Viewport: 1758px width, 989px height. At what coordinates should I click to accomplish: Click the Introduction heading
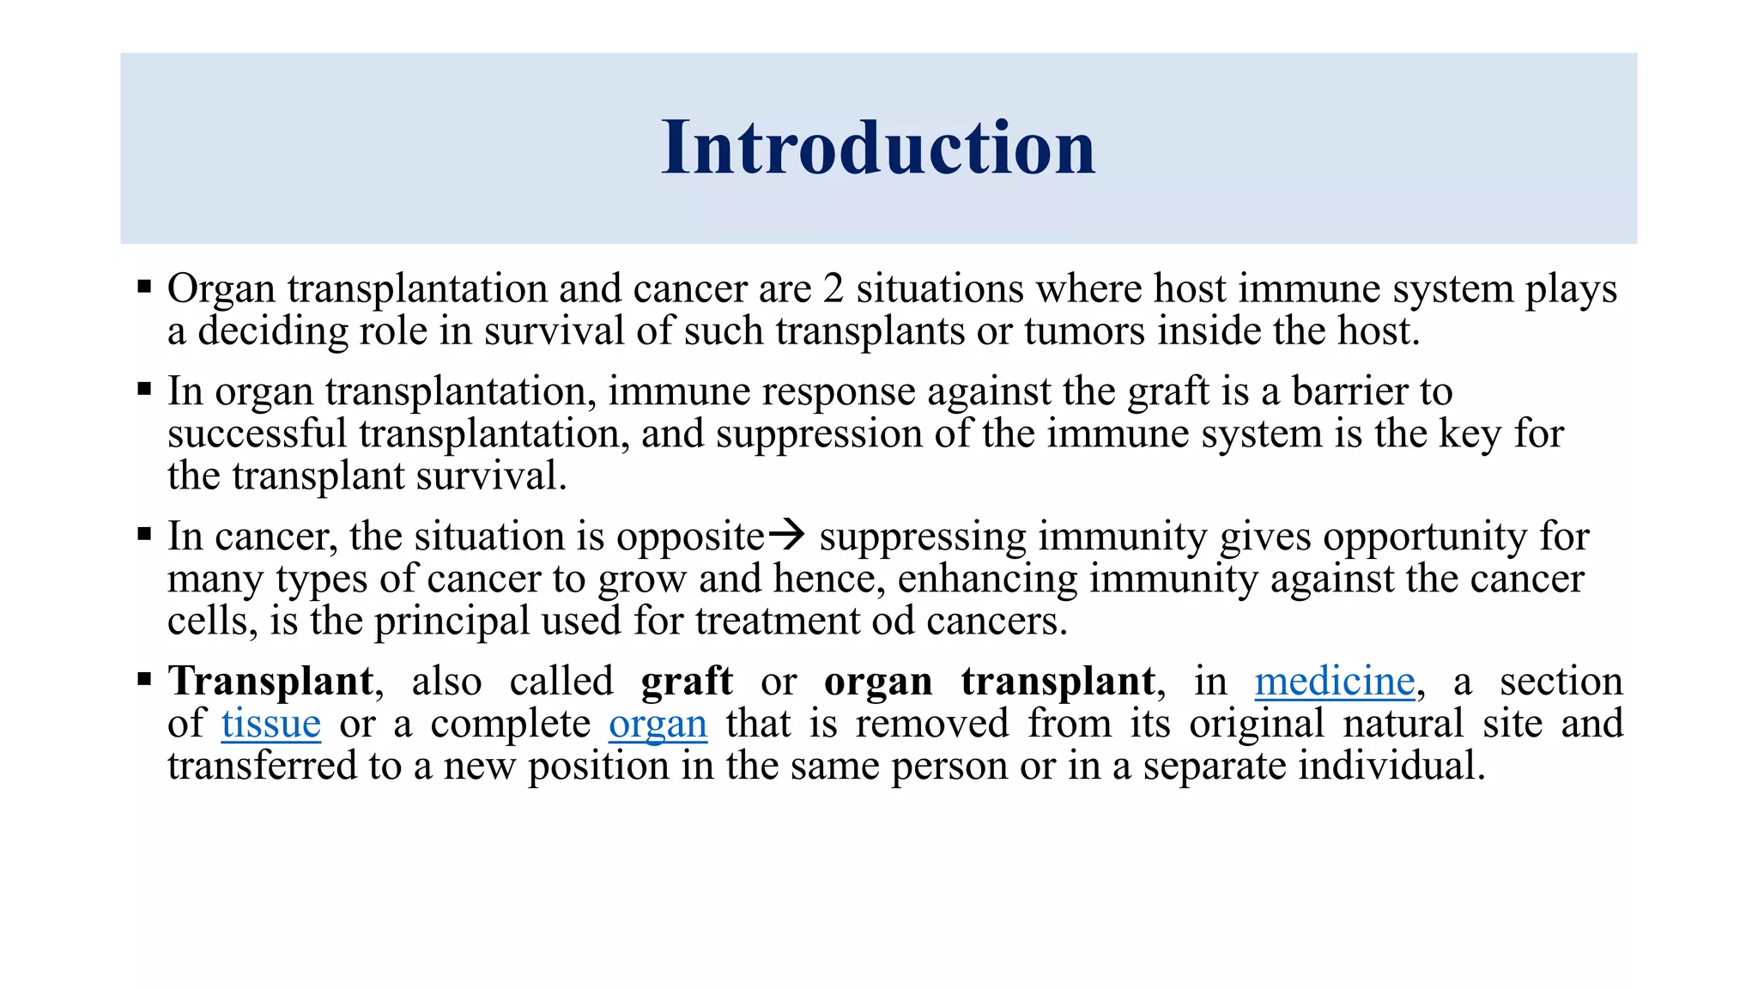[x=878, y=148]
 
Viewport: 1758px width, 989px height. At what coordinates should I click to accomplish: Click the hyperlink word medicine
[x=1334, y=681]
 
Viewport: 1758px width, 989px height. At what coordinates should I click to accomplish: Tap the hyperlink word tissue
[x=270, y=723]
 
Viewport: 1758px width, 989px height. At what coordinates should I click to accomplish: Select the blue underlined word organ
[x=658, y=723]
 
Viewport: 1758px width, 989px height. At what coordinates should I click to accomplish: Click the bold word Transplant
[x=271, y=681]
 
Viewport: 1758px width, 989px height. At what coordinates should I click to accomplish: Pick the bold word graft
[x=687, y=681]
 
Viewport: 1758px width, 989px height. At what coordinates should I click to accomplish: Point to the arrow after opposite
[x=786, y=535]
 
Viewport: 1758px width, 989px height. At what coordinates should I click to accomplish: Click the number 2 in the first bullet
[x=833, y=288]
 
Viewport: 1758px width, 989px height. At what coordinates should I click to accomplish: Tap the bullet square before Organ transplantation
[x=144, y=286]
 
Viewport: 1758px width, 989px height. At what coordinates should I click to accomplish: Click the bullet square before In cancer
[x=144, y=534]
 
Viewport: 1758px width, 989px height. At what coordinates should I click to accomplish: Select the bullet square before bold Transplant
[x=144, y=679]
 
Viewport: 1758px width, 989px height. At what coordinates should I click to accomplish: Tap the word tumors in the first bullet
[x=1083, y=331]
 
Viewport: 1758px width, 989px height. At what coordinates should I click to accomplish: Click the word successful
[x=257, y=434]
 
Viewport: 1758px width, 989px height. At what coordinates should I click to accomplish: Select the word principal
[x=452, y=621]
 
